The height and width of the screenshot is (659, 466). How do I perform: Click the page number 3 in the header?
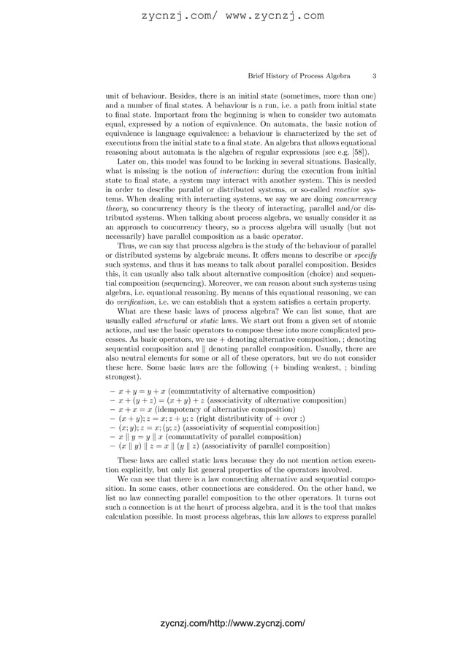[x=374, y=76]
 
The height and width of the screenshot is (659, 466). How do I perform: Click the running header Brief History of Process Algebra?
[x=299, y=76]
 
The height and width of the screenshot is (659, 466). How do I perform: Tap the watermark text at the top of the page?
[x=232, y=15]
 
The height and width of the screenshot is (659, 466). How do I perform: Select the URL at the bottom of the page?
[x=232, y=623]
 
